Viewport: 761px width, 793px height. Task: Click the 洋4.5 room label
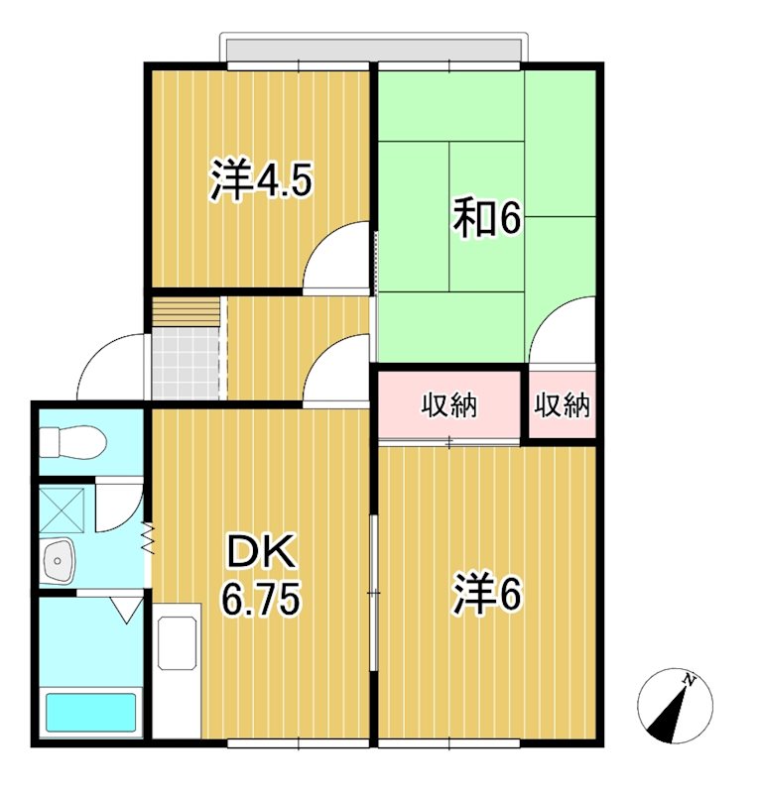click(262, 181)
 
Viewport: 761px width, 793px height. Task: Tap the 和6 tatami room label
click(487, 220)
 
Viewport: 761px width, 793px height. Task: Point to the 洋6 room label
click(488, 595)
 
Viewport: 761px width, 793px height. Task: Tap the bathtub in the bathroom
click(90, 712)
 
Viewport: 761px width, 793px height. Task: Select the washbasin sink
click(60, 562)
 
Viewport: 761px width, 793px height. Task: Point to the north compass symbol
click(675, 705)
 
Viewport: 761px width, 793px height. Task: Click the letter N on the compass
click(689, 679)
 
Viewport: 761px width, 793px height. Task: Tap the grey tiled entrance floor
click(185, 363)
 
